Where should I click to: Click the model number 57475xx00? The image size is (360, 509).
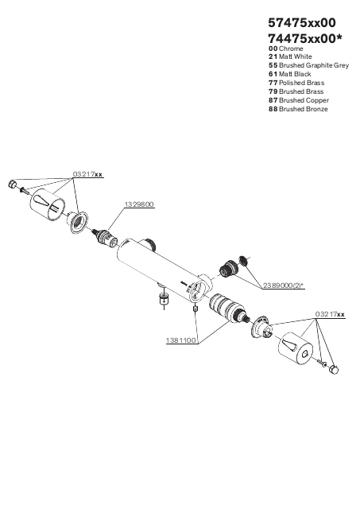coord(302,23)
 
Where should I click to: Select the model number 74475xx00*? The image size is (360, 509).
coord(305,39)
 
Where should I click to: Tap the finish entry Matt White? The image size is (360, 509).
coord(290,56)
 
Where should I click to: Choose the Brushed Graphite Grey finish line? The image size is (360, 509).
coord(309,65)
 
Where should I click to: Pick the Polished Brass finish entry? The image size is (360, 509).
coord(296,83)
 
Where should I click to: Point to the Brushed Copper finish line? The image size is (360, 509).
coord(299,100)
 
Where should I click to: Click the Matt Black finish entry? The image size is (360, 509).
coord(289,74)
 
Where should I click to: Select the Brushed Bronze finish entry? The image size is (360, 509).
coord(298,109)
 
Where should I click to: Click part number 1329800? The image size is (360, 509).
coord(139,204)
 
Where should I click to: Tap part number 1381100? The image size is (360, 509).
coord(181,340)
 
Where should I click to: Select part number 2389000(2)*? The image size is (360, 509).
coord(284,286)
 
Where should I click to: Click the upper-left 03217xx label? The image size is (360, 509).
coord(87,174)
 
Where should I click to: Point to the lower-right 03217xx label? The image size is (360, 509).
coord(330,314)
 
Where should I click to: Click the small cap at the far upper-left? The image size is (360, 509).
coord(12,184)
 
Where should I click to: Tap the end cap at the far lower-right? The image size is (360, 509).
coord(334,369)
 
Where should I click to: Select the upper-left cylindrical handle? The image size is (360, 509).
coord(48,205)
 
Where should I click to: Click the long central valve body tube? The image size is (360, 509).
coord(162,268)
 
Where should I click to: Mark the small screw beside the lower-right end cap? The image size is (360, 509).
coord(322,363)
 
